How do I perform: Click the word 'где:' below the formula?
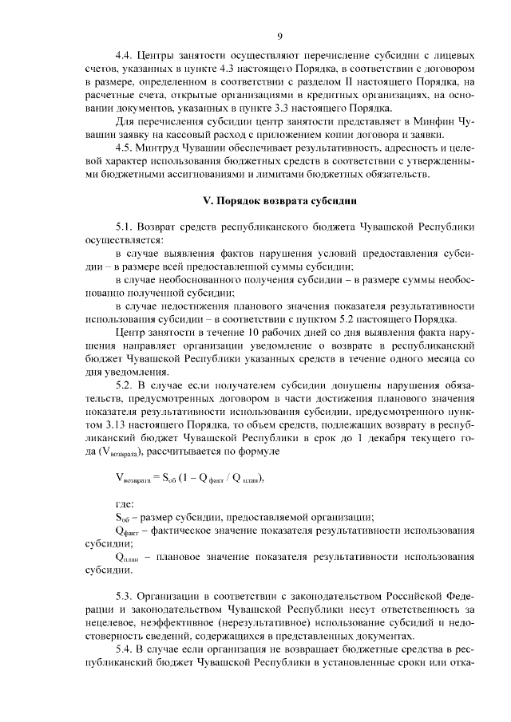pyautogui.click(x=125, y=504)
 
